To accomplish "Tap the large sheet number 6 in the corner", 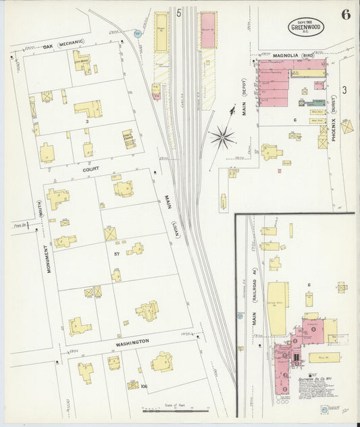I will click(345, 16).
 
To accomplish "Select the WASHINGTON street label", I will click(132, 343).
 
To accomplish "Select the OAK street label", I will click(48, 47).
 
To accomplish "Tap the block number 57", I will click(117, 253).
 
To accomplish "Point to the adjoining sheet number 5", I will click(179, 13).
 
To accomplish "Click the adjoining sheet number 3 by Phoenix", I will click(344, 89).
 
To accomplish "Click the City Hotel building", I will click(82, 61).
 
